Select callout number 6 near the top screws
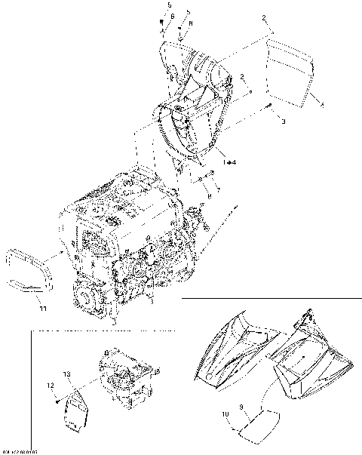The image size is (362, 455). pos(172,16)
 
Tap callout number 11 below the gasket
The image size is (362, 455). pos(42,308)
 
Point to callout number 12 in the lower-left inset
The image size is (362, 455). pos(52,386)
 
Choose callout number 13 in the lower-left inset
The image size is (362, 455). pos(67,375)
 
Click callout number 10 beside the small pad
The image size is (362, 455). pos(225,413)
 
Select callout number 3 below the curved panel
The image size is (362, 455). pos(283,121)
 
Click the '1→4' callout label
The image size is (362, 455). pos(229,161)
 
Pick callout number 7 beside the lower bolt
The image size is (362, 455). pos(218,192)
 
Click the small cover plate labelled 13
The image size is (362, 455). pos(76,410)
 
